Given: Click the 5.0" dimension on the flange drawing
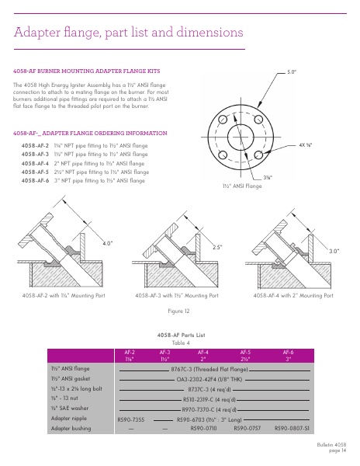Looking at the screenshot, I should pyautogui.click(x=292, y=71).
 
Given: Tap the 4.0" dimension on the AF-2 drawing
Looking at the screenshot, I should pyautogui.click(x=108, y=243).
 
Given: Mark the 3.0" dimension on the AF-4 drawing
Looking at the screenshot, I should pyautogui.click(x=335, y=251).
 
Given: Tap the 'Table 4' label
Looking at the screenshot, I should pyautogui.click(x=180, y=343).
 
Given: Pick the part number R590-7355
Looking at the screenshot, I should pyautogui.click(x=130, y=419).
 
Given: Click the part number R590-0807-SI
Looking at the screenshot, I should pyautogui.click(x=292, y=428).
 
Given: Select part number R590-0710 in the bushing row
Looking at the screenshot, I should pyautogui.click(x=203, y=428).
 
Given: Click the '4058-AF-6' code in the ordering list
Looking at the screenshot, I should pyautogui.click(x=36, y=180).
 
